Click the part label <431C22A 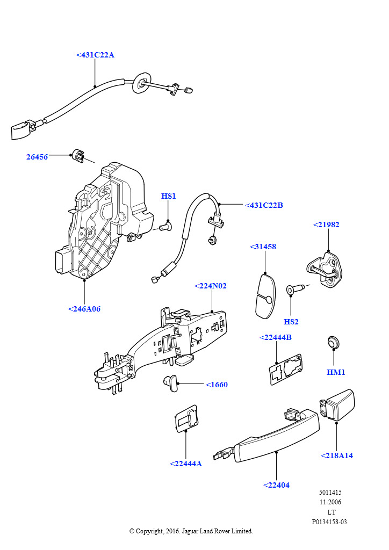tap(95, 55)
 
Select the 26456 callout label tap(37, 157)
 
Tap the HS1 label tap(169, 196)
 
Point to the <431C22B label tap(264, 205)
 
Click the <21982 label tap(326, 225)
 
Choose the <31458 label tap(263, 247)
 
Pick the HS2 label tap(291, 322)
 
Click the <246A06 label tap(84, 309)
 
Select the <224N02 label tap(211, 286)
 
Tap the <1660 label tap(217, 385)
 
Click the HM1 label tap(336, 372)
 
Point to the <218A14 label tap(337, 455)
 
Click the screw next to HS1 tap(165, 228)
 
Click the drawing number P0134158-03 tap(329, 522)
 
